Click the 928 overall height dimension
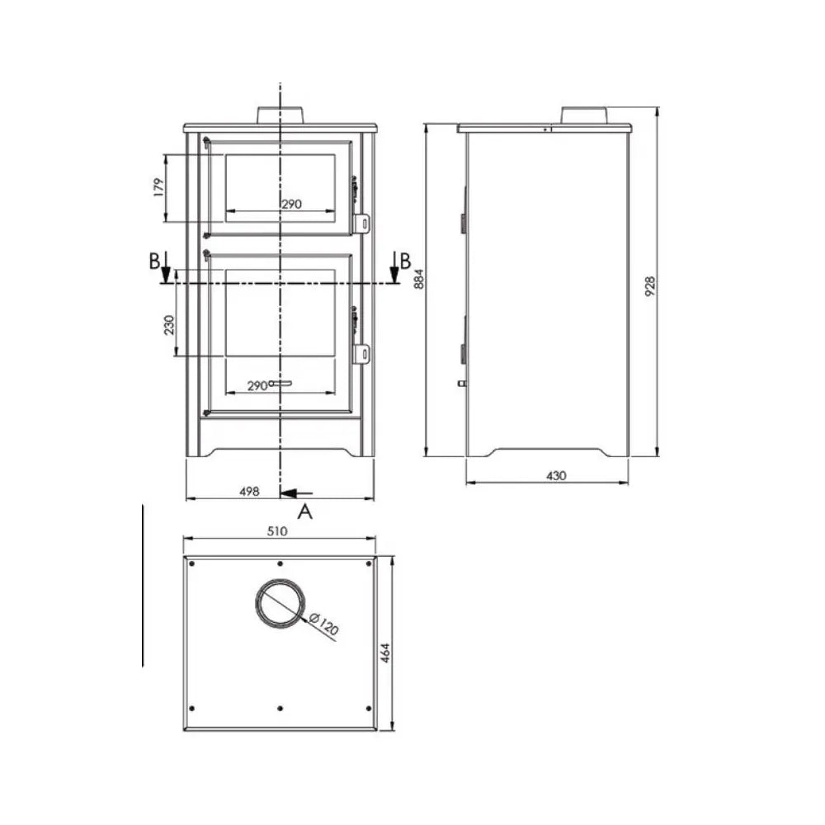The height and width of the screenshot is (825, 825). tap(649, 285)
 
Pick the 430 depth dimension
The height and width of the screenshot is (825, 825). tap(557, 475)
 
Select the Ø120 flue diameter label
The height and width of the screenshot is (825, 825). tap(325, 626)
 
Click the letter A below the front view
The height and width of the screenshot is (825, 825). tap(305, 512)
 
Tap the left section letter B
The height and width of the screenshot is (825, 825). tap(153, 262)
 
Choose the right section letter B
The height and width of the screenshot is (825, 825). tap(405, 262)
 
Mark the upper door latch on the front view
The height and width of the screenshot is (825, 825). tap(361, 223)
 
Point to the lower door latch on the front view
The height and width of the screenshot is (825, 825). tap(361, 353)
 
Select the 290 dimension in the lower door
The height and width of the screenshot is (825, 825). tap(257, 385)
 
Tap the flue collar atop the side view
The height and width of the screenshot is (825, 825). tap(585, 115)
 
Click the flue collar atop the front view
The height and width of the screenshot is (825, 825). tap(281, 115)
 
